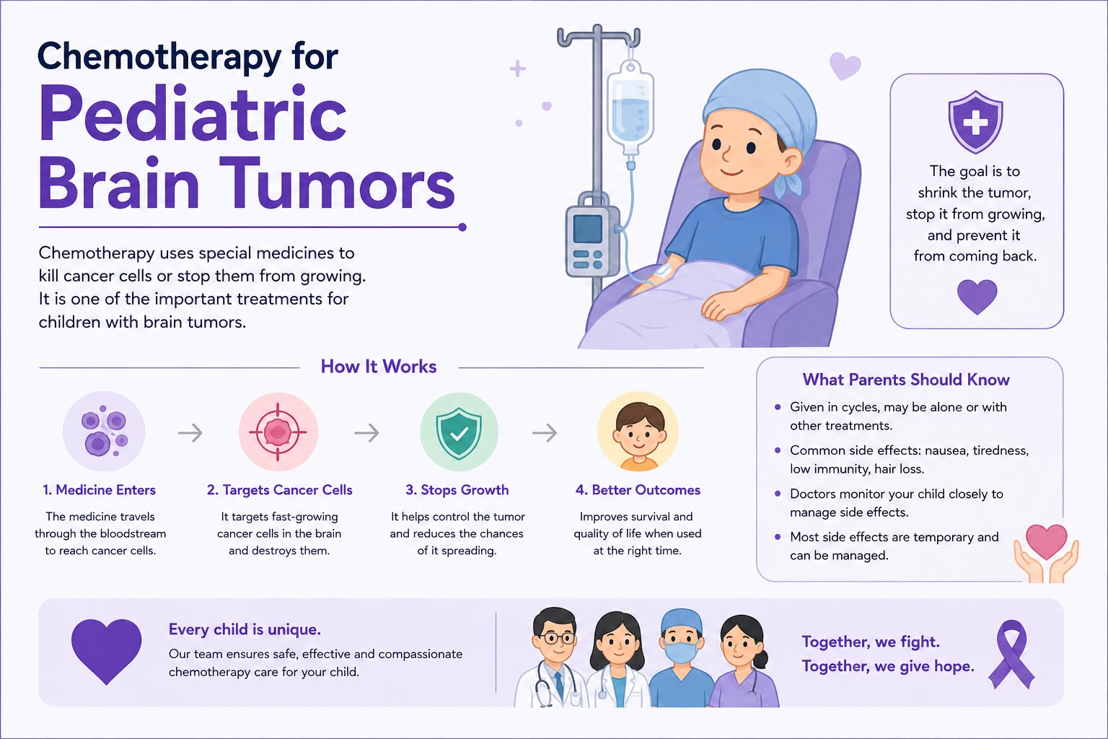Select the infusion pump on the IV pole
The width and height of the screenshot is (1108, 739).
click(592, 235)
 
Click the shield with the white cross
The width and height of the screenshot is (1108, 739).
click(975, 121)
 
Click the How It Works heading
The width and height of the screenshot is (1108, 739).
click(379, 367)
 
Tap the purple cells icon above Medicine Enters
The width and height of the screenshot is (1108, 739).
click(104, 431)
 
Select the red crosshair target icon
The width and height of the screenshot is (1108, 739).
click(278, 432)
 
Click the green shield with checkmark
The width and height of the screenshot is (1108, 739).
click(459, 432)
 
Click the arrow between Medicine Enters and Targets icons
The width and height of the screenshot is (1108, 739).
click(190, 433)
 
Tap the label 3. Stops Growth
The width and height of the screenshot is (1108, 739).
click(457, 490)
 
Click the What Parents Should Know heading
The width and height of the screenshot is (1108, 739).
click(906, 380)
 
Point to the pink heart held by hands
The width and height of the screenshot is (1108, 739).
click(1046, 542)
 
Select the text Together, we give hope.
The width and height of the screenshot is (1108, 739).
click(888, 667)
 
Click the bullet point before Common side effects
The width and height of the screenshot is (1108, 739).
click(778, 450)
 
